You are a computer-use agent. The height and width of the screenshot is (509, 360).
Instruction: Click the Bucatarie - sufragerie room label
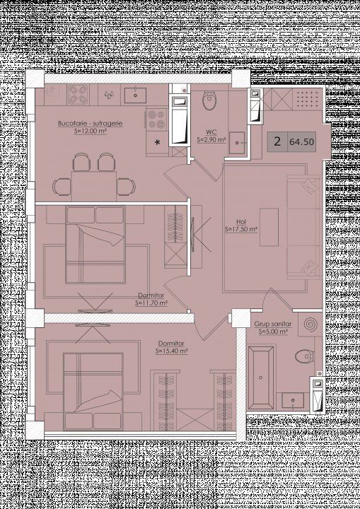click(x=90, y=123)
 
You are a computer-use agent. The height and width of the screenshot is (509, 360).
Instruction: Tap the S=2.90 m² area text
click(x=211, y=140)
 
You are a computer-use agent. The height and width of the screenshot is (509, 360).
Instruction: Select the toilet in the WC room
click(x=209, y=100)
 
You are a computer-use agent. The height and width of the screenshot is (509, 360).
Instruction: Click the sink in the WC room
click(x=237, y=143)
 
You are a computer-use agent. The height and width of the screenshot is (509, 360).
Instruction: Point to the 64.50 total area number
click(x=301, y=142)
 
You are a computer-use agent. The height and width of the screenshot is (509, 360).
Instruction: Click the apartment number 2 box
click(x=277, y=142)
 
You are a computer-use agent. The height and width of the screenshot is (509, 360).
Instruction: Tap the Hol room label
click(x=240, y=222)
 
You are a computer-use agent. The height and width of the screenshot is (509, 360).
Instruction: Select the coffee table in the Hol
click(x=269, y=227)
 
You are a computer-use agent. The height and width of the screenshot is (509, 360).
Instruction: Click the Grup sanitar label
click(x=273, y=324)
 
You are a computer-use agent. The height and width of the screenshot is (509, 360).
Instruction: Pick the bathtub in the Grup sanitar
click(x=260, y=378)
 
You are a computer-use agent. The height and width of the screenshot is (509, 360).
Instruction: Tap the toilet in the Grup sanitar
click(x=305, y=356)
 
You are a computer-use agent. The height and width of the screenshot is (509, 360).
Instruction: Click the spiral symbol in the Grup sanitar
click(x=310, y=324)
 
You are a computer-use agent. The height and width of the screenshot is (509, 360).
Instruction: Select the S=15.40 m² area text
click(x=172, y=351)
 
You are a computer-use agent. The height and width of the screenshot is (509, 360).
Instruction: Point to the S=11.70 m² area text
click(x=151, y=303)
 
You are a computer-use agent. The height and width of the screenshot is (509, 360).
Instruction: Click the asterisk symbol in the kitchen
click(x=158, y=142)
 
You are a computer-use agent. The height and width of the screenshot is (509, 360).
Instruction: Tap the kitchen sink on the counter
click(x=135, y=95)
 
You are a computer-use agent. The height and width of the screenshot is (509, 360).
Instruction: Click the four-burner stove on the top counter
click(x=78, y=95)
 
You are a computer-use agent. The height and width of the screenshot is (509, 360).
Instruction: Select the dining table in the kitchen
click(x=93, y=186)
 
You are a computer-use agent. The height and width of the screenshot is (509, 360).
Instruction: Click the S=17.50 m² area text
click(x=241, y=229)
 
